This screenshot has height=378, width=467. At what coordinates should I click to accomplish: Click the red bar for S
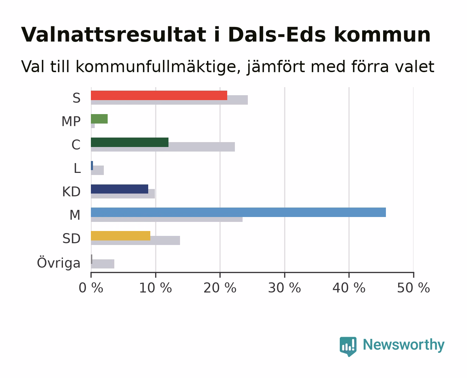[x=159, y=95]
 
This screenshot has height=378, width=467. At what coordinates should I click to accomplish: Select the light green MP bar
[x=99, y=119]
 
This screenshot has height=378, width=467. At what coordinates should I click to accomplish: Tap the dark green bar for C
[x=130, y=142]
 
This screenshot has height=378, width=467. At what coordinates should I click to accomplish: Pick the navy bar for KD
[x=120, y=189]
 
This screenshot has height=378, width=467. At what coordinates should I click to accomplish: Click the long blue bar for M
[x=238, y=212]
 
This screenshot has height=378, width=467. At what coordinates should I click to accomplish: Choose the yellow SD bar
[x=121, y=236]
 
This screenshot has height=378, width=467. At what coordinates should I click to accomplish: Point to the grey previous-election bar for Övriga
[x=103, y=264]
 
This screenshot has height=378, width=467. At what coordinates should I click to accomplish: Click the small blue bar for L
[x=92, y=166]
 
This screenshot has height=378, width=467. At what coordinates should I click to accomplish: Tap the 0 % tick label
[x=91, y=288]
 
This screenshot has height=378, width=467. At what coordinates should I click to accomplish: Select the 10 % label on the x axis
[x=156, y=288]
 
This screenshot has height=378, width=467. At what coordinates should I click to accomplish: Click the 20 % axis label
[x=220, y=288]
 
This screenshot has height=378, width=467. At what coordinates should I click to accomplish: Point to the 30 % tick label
[x=285, y=288]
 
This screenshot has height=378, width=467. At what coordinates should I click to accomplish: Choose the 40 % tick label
[x=349, y=288]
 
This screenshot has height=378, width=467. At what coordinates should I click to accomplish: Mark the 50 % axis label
[x=414, y=288]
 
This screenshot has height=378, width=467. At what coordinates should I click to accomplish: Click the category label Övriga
[x=58, y=263]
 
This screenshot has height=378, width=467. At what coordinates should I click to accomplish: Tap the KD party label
[x=71, y=192]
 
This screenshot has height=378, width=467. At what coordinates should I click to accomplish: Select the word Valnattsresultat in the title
[x=114, y=35]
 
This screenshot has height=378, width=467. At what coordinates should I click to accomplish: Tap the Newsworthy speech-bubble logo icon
[x=348, y=346]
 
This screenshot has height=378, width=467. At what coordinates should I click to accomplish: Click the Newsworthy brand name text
[x=404, y=345]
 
